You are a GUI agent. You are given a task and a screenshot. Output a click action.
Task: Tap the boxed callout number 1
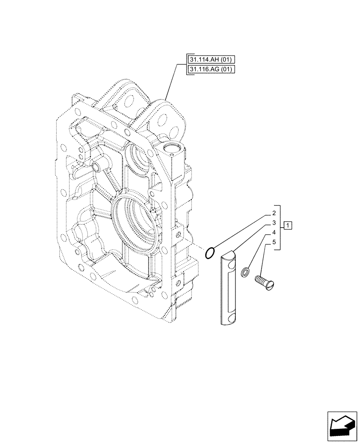[288, 225]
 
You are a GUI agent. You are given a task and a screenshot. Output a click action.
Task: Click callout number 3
[275, 223]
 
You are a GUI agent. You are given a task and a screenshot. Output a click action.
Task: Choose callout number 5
[275, 242]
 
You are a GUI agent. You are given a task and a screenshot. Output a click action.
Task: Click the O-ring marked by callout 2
[211, 253]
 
